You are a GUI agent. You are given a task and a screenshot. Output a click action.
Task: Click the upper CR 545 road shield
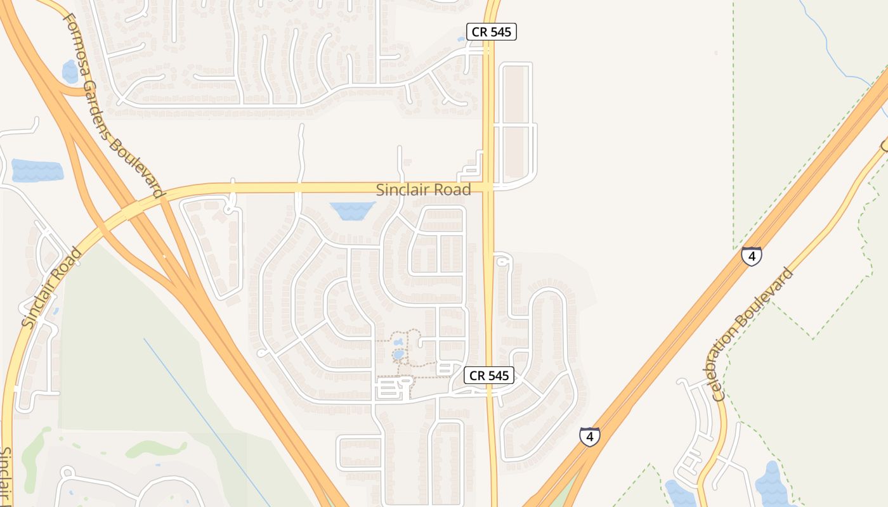[x=492, y=32]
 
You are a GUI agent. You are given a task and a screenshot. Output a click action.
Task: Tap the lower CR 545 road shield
[x=488, y=375]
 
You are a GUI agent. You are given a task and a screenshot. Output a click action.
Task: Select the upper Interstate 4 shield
[x=752, y=256]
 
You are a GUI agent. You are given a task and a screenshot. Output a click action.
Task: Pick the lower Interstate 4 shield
[x=590, y=436]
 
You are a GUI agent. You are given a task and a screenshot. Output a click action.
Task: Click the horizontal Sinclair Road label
[x=424, y=189]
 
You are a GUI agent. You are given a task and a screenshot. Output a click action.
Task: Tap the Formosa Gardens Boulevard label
[x=114, y=105]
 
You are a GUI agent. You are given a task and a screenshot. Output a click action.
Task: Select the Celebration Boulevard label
[x=754, y=335]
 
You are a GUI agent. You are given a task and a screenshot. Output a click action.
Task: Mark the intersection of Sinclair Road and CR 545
[x=488, y=188]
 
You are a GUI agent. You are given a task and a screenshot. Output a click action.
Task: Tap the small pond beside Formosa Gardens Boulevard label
[x=70, y=72]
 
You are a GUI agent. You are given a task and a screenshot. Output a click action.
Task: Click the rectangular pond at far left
[x=37, y=170]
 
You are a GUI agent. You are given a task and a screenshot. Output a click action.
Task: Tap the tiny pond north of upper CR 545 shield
[x=460, y=39]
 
